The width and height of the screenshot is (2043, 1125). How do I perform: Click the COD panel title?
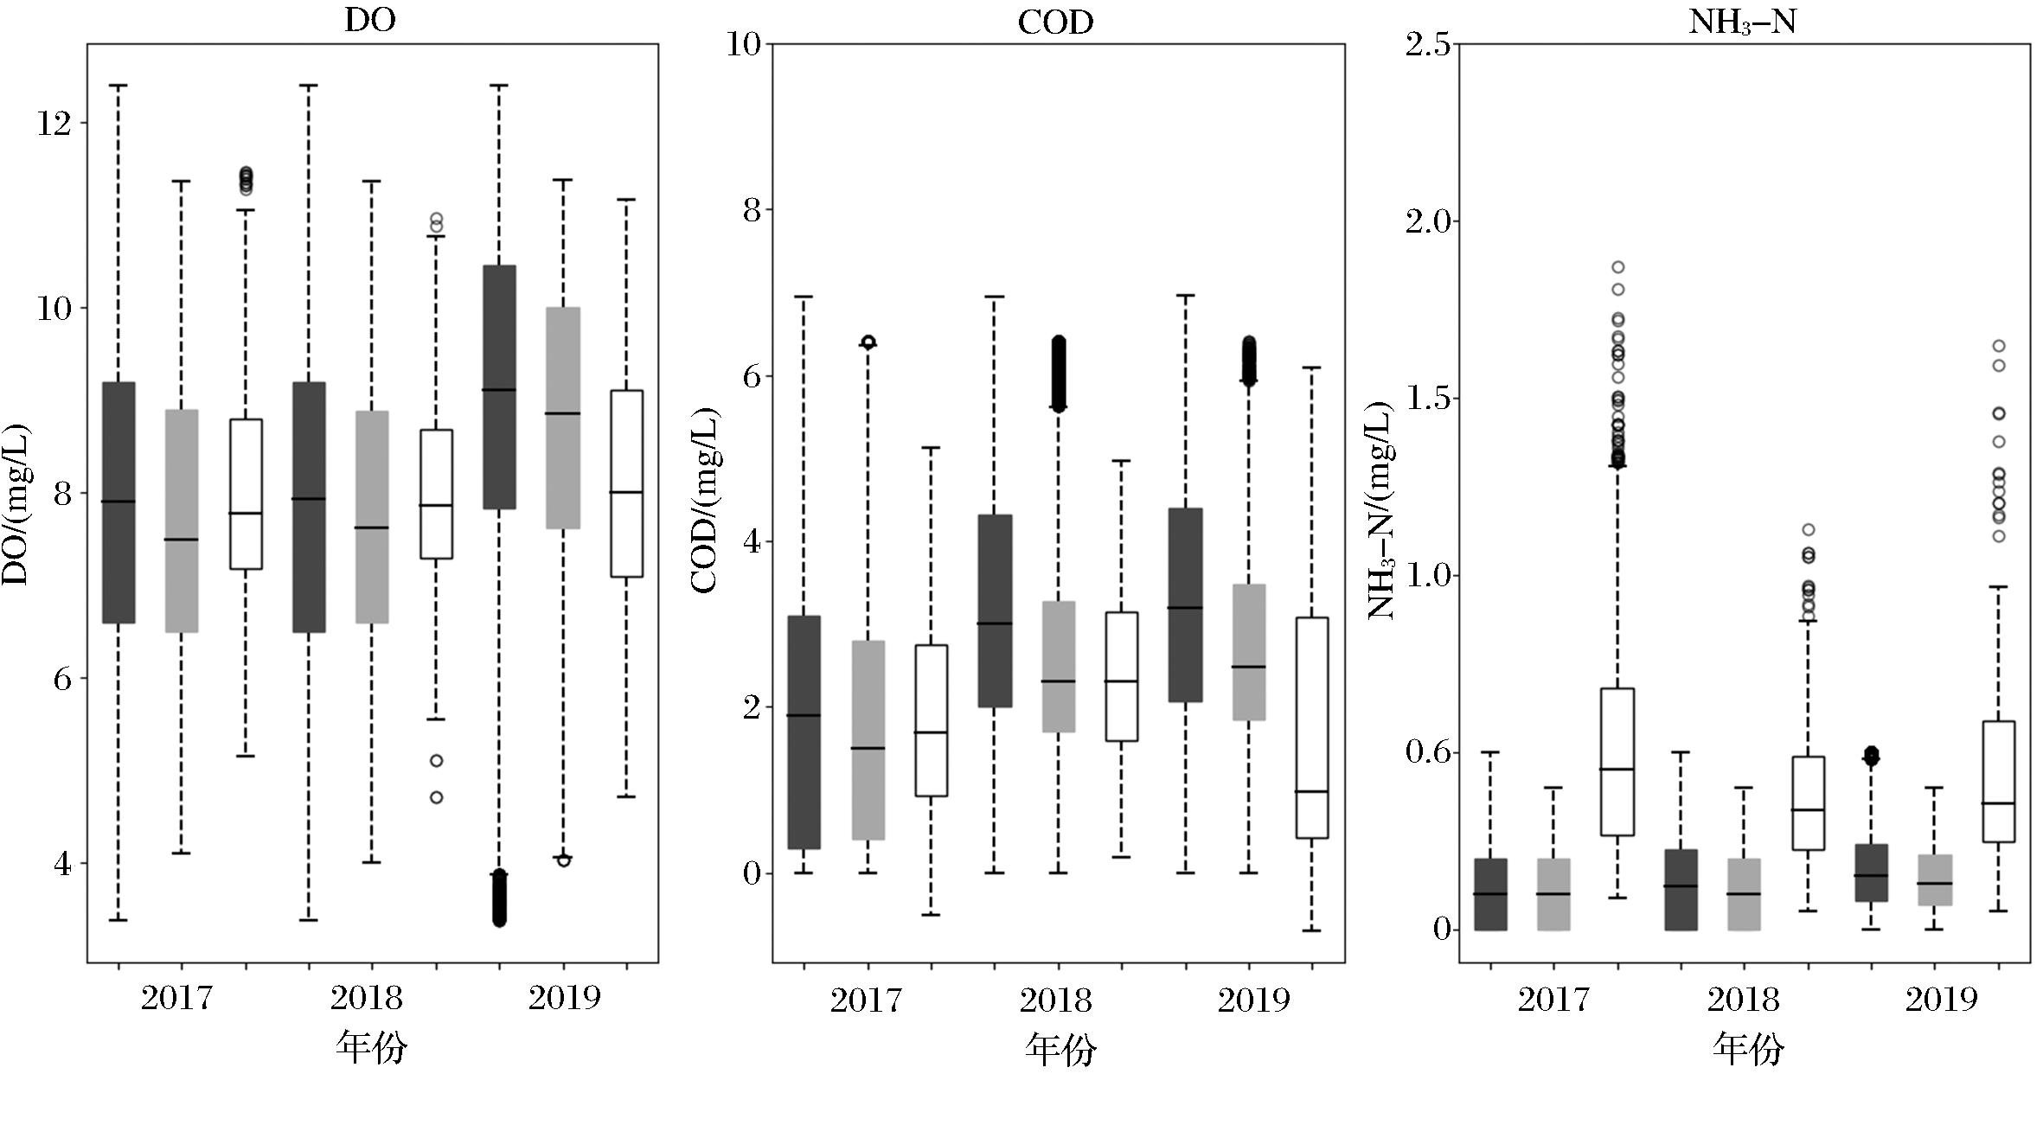coord(1055,22)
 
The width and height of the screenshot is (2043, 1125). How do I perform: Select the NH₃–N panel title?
coord(1743,22)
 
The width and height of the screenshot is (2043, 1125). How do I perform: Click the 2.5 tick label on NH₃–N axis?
coord(1428,44)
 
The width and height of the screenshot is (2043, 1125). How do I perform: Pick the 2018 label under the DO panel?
coord(366,999)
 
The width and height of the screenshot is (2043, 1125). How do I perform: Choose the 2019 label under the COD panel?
coord(1253,1000)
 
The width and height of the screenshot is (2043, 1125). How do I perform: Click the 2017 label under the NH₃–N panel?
coord(1553,1000)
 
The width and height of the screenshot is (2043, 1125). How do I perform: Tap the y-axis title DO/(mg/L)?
coord(16,504)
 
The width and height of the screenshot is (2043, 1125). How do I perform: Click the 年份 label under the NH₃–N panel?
coord(1748,1050)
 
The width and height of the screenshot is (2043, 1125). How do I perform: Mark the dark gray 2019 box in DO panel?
coord(499,387)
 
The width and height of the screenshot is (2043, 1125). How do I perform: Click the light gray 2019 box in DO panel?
coord(563,417)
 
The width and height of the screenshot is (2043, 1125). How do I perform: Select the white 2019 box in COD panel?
coord(1312,727)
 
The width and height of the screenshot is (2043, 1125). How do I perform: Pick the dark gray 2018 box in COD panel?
coord(995,610)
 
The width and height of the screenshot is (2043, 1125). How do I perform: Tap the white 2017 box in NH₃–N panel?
coord(1617,761)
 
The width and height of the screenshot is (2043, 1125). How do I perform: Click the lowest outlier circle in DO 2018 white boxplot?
coord(437,797)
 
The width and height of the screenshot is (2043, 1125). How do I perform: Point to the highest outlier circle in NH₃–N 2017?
coord(1617,267)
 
